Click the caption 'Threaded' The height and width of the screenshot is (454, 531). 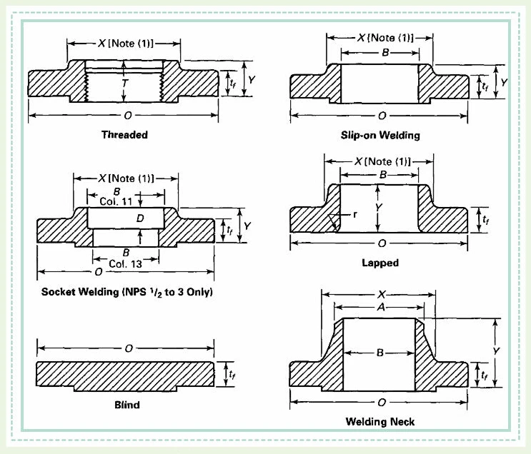click(124, 135)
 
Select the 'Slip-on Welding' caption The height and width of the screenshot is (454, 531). click(380, 136)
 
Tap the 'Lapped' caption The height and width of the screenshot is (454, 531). click(380, 263)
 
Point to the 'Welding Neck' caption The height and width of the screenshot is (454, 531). click(380, 422)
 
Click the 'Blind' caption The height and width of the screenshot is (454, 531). click(127, 405)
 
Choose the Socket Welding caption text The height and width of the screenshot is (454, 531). click(127, 292)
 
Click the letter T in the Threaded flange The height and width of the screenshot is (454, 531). click(125, 83)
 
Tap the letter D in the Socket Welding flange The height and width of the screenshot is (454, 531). click(140, 218)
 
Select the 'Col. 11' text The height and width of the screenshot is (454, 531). click(116, 201)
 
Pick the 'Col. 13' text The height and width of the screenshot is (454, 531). click(125, 264)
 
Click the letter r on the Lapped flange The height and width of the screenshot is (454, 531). click(355, 214)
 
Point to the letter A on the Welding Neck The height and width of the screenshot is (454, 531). click(381, 307)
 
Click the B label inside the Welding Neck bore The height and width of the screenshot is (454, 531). click(380, 353)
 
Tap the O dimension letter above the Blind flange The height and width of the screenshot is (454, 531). click(129, 348)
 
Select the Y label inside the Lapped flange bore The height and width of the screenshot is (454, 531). click(379, 207)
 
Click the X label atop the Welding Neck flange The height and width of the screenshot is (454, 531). click(382, 294)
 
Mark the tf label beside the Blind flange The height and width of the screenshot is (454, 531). click(232, 374)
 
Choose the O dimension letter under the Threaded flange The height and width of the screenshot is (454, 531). click(128, 116)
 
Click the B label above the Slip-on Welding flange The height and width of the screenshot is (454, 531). click(385, 52)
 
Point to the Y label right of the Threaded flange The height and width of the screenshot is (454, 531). click(252, 80)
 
